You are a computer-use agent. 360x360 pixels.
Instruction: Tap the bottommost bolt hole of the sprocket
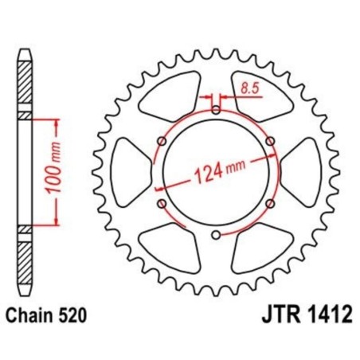point(217,234)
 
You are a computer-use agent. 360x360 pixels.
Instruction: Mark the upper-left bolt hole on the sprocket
point(162,141)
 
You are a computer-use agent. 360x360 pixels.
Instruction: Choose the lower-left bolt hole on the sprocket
point(162,203)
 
